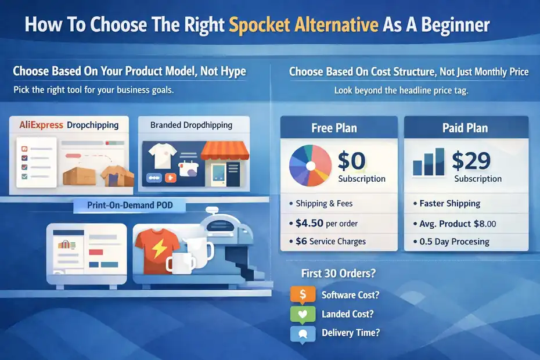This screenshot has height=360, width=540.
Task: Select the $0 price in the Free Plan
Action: pyautogui.click(x=351, y=161)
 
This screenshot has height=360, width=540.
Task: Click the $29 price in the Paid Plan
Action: pyautogui.click(x=471, y=161)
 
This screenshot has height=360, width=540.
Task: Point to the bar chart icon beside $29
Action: pyautogui.click(x=429, y=162)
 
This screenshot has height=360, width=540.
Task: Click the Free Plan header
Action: pyautogui.click(x=334, y=128)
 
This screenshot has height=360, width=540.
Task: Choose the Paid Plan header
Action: pyautogui.click(x=465, y=128)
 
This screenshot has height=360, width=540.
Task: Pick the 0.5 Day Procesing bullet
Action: pyautogui.click(x=455, y=242)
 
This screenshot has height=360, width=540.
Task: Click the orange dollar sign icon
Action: pyautogui.click(x=303, y=294)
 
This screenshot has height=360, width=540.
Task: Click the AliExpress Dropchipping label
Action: pyautogui.click(x=69, y=125)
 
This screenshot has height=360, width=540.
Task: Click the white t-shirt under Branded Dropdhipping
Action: pyautogui.click(x=162, y=153)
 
